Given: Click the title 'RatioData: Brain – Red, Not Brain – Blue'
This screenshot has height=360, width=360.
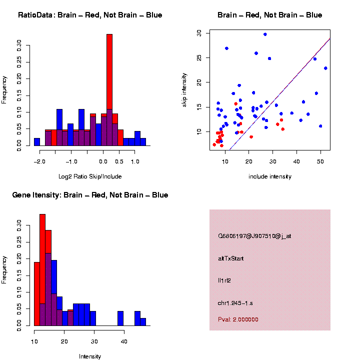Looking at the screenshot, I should point(90,15).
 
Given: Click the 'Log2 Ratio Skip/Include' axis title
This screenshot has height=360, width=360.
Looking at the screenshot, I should point(90,176).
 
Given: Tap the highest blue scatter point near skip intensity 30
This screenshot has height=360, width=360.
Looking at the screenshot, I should point(265,34).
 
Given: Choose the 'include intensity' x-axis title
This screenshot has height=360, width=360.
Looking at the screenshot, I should point(270,176).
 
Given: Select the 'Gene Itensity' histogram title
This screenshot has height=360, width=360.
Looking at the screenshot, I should point(90,195).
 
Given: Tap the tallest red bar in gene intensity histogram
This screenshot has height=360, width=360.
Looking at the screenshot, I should point(42,270).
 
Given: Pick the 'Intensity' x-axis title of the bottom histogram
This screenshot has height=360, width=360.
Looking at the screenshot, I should point(90,356).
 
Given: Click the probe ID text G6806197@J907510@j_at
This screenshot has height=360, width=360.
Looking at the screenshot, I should point(254,236).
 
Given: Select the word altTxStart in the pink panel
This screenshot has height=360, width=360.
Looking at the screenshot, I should point(231,258).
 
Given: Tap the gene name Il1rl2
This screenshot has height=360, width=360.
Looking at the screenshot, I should point(224,280).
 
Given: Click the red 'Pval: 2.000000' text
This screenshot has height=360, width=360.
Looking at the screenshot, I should point(238,319).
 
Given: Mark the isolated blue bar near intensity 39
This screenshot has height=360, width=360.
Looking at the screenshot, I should point(120,318).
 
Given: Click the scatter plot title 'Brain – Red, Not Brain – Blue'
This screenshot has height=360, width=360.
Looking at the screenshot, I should point(270,15).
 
